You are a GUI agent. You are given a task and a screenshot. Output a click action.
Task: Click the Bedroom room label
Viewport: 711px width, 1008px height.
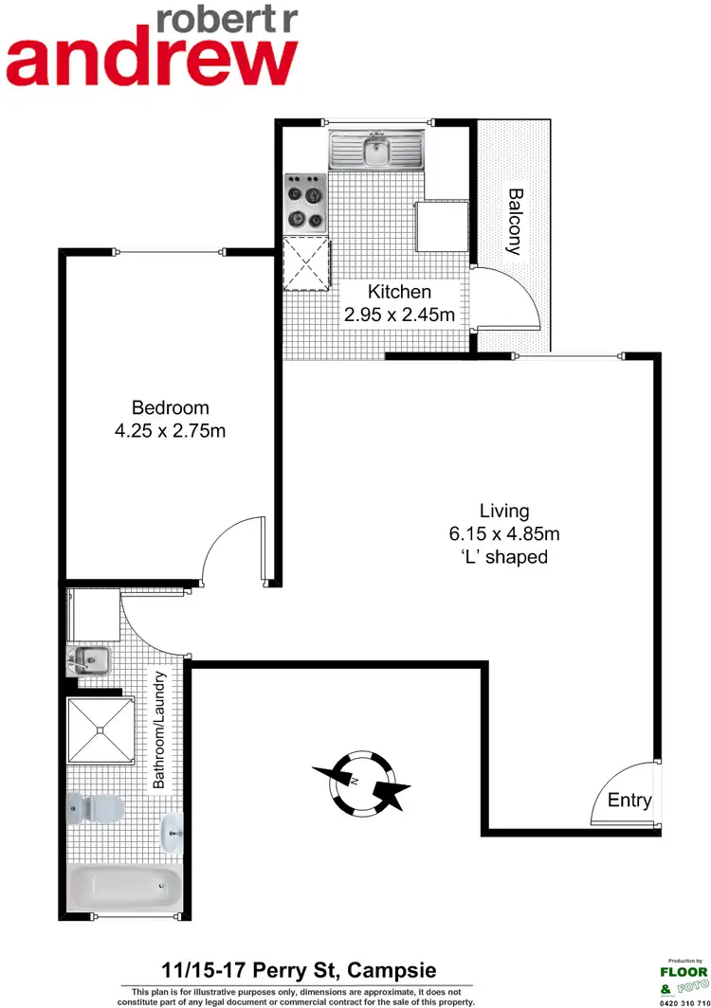coord(171,407)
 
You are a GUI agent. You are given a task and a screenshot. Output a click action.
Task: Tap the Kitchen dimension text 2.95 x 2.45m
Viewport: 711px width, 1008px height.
coord(399,315)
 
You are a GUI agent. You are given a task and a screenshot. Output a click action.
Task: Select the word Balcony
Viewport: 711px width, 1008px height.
coord(515,222)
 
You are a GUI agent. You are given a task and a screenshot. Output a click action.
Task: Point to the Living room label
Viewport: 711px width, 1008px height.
coord(503,510)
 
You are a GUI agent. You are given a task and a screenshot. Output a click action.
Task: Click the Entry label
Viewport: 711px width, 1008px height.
coord(629,801)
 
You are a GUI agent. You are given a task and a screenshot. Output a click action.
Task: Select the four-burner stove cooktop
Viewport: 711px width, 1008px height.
coord(305,201)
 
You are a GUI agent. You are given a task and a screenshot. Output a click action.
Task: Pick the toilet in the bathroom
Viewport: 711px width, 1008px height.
coord(97,808)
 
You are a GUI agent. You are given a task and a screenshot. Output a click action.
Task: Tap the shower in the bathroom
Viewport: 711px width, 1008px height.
coord(99,730)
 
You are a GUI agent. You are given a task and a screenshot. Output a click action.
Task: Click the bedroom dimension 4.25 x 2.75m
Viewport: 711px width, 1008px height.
coord(171,431)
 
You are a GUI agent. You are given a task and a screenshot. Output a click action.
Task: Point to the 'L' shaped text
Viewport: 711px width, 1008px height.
coord(503,557)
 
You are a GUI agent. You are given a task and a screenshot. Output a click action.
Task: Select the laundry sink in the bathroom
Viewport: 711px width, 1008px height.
coord(89,657)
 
